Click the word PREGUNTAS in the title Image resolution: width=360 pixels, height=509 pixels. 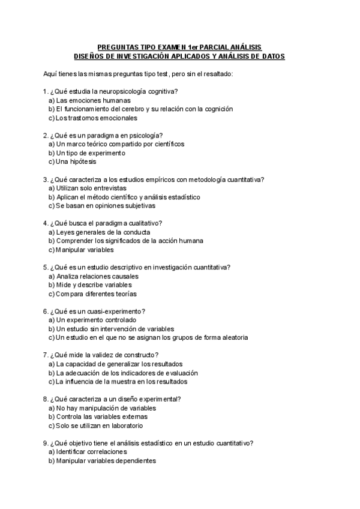coord(118,47)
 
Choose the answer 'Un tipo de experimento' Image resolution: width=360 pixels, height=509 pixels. coord(86,153)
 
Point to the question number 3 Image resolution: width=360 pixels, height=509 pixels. coord(45,179)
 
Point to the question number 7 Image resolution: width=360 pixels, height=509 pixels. coord(45,355)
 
